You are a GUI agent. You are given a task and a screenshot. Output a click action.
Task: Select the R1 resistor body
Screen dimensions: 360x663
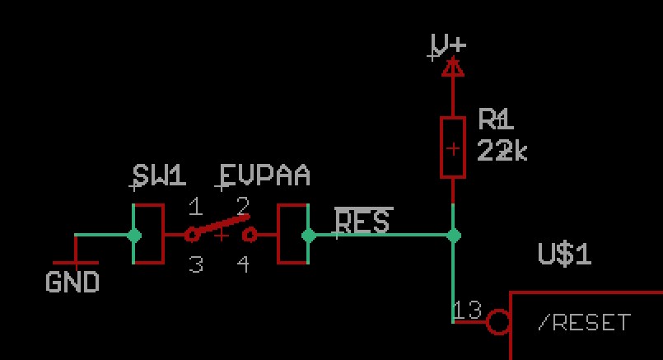(453, 147)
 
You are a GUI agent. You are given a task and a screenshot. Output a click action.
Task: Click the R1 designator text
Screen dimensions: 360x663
(496, 121)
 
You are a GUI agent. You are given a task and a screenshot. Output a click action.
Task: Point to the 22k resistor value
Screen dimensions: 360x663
(502, 151)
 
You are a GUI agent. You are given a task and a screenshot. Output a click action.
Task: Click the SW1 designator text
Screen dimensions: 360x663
(159, 175)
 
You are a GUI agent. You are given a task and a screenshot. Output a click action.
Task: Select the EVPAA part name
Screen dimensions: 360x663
(264, 175)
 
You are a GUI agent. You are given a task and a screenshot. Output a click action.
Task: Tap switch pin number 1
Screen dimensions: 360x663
(195, 205)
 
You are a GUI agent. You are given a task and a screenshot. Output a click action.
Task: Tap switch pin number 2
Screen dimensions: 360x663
(243, 205)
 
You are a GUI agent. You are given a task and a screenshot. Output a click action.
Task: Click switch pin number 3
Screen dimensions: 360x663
(195, 264)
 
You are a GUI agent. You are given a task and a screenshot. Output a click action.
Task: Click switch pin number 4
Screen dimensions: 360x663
(243, 264)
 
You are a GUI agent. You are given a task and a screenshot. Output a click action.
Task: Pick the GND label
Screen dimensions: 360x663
(72, 283)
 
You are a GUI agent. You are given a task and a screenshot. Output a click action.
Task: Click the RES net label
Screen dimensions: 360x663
(363, 222)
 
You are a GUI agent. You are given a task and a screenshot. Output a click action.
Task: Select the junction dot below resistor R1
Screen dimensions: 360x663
(453, 236)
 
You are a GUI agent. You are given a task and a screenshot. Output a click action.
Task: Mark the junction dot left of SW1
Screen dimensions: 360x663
(134, 236)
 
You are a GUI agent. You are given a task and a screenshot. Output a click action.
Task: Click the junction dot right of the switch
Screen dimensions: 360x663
(308, 236)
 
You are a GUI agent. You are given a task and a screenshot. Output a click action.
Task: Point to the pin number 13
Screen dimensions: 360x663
(467, 310)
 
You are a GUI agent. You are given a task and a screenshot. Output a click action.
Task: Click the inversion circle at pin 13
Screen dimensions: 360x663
(498, 321)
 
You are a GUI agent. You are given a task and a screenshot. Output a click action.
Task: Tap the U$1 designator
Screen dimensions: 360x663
(564, 255)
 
